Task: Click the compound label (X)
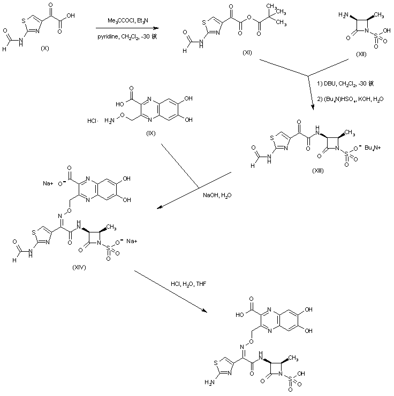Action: coord(44,48)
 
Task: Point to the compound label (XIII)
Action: coord(321,169)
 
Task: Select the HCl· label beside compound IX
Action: coord(92,121)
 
